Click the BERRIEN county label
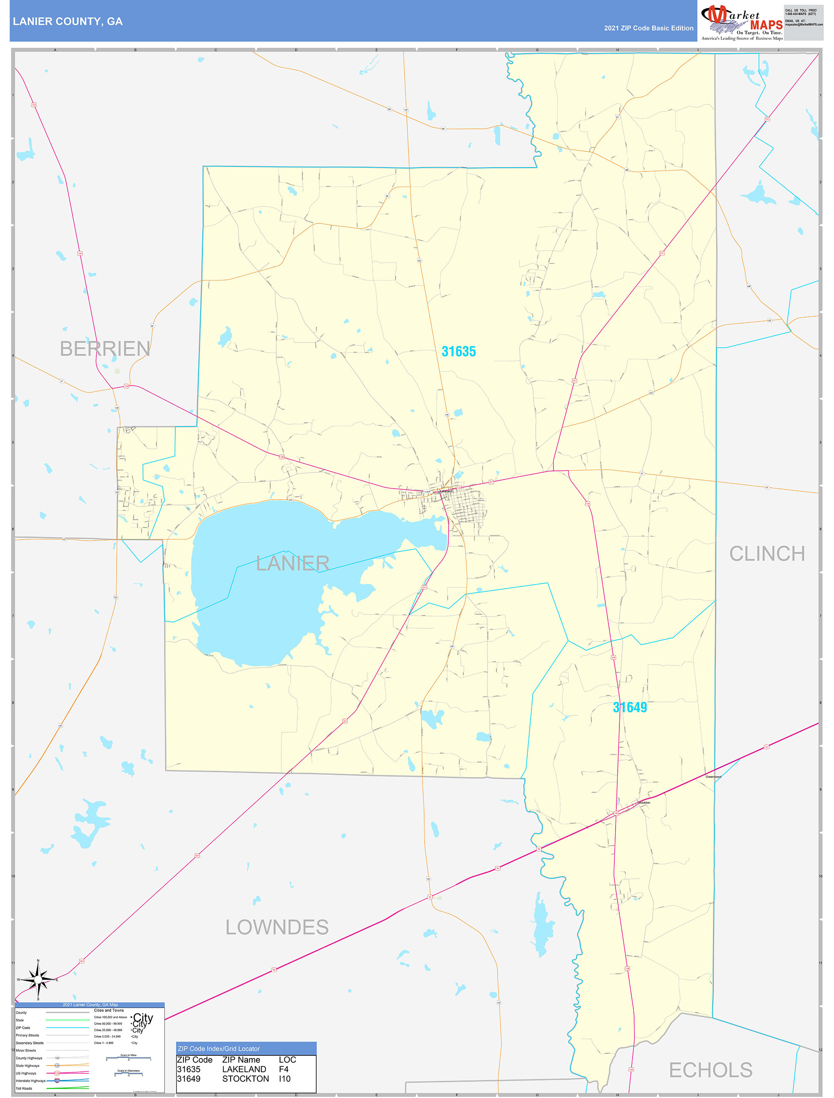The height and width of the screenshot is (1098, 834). tap(105, 349)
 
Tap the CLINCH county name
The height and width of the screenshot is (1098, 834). tap(767, 554)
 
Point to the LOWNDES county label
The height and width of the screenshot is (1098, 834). tap(277, 927)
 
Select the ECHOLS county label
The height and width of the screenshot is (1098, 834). tap(710, 1070)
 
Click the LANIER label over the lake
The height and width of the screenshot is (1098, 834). tap(292, 563)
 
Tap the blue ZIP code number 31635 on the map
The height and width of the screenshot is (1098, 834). tap(458, 351)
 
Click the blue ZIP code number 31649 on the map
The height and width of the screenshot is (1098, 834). tap(630, 707)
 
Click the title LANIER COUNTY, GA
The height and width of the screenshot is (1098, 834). tap(68, 22)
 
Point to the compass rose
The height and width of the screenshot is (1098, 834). tap(38, 980)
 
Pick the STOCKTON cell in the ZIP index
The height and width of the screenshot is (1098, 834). tap(245, 1079)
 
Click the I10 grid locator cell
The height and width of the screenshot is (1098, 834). tap(285, 1079)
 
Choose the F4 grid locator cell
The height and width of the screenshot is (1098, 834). tap(283, 1069)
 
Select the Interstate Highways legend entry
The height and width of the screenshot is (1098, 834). tap(30, 1081)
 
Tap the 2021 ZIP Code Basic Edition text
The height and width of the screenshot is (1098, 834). tap(648, 28)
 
